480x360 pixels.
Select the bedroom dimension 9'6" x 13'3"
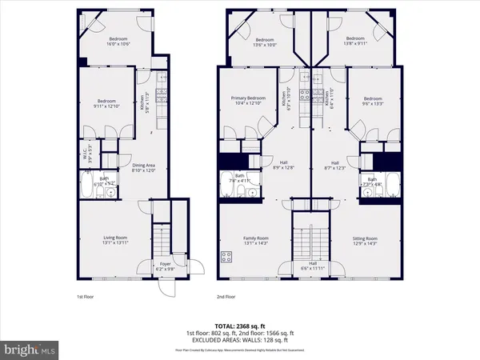pos(372,102)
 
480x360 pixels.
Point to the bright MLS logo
pos(30,350)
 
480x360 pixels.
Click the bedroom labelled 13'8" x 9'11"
pos(356,42)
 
